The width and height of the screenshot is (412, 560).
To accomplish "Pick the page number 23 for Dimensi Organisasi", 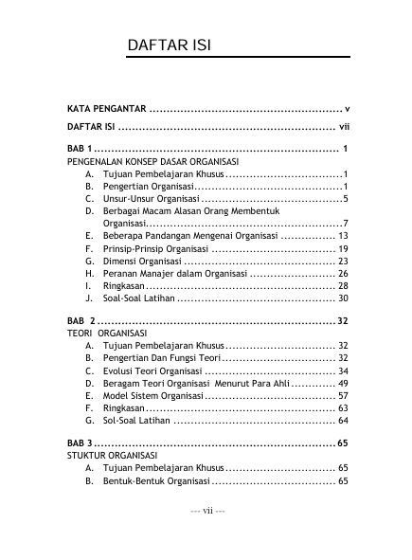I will (343, 261).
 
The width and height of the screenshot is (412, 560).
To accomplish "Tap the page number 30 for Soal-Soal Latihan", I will (343, 298).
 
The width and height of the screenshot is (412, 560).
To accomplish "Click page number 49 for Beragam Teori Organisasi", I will (343, 384).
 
